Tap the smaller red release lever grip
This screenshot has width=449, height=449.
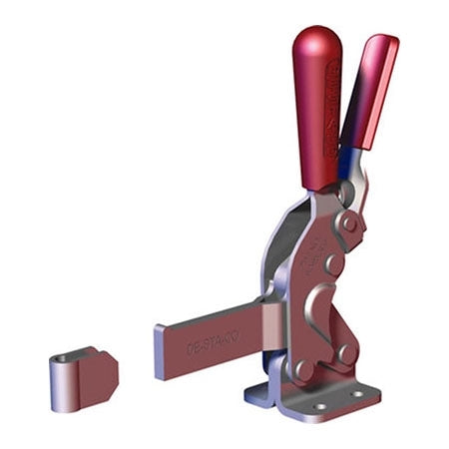(372, 90)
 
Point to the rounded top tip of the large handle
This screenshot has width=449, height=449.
(315, 40)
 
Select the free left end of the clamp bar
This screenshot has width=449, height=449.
(161, 351)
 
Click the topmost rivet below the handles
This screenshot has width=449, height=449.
(349, 225)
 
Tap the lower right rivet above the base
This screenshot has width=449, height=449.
(345, 352)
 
